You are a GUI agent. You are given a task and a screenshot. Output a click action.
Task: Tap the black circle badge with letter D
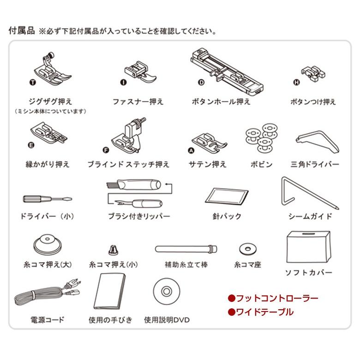pos(201,83)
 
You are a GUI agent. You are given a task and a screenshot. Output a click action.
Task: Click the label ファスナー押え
pos(138,102)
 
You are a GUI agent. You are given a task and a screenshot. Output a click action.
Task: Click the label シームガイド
pos(310,216)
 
